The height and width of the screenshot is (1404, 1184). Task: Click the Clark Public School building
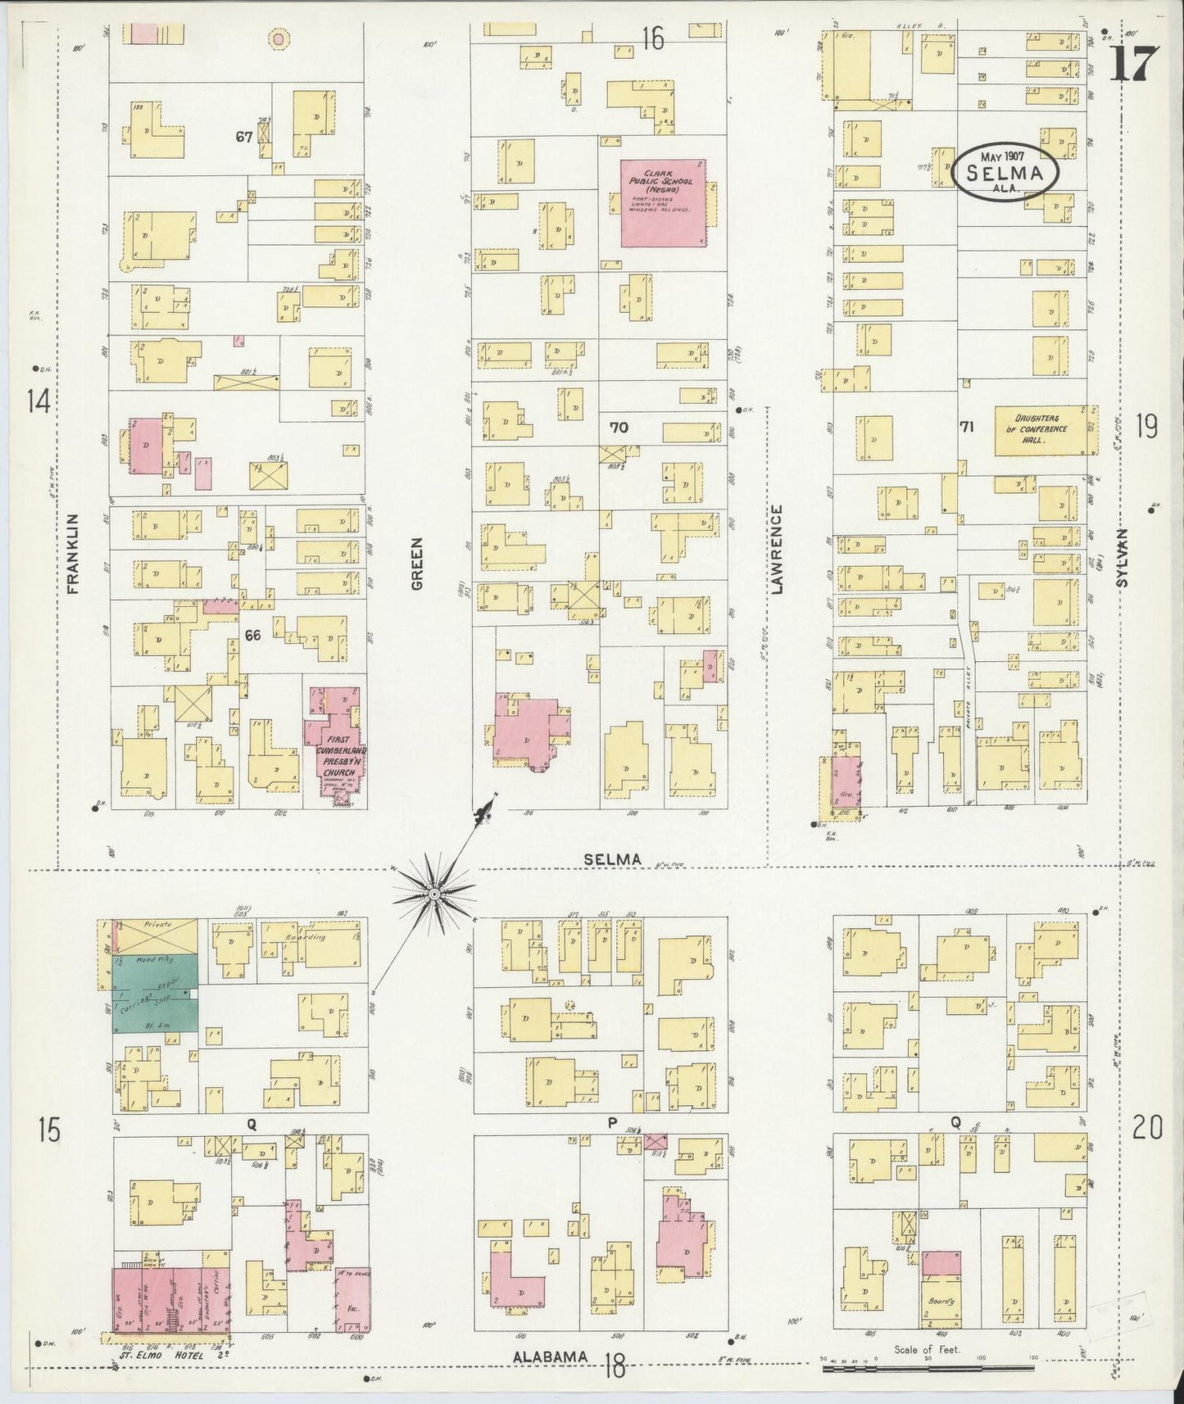point(662,202)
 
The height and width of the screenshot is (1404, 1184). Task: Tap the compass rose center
point(433,894)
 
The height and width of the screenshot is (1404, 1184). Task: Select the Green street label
point(416,564)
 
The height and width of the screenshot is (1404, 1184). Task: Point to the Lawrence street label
point(778,548)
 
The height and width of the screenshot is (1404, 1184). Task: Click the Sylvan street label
point(1123,557)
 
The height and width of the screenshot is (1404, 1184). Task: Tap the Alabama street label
point(551,1357)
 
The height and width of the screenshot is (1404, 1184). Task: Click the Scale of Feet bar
point(928,1366)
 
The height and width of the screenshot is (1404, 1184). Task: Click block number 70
point(619,426)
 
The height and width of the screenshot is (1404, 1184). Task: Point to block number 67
point(243,137)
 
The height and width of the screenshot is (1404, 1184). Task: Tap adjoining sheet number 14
point(38,401)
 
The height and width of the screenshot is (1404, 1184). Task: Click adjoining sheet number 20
point(1146,1130)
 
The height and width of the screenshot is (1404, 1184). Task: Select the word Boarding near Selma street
point(306,936)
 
